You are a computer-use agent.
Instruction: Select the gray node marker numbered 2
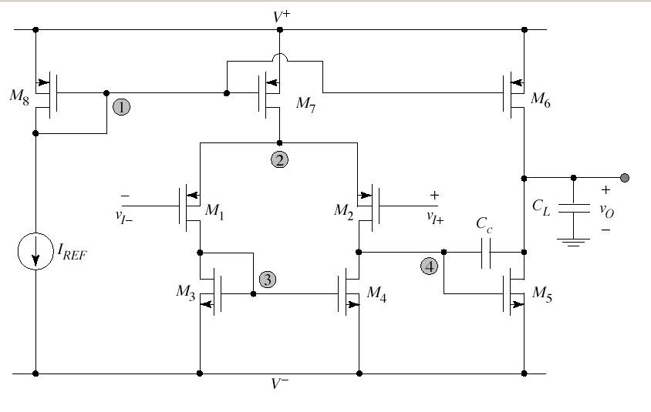click(279, 159)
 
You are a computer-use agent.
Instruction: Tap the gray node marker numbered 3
click(267, 280)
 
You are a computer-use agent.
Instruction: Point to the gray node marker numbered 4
click(430, 266)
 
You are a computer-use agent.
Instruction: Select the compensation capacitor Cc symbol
click(485, 252)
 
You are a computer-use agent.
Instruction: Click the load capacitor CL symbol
click(572, 207)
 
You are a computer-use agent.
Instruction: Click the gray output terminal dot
click(624, 178)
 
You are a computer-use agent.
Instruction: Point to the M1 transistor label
click(214, 210)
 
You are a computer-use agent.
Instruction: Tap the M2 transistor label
click(343, 210)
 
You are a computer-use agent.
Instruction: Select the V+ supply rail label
click(280, 14)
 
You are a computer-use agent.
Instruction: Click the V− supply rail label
click(280, 384)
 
